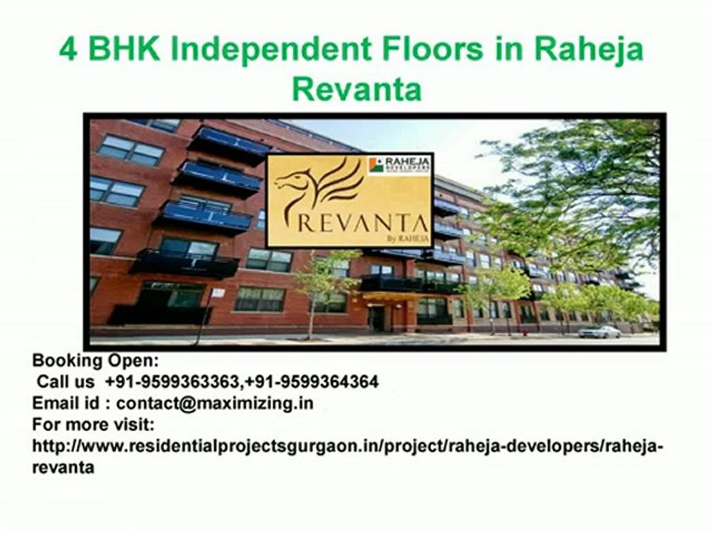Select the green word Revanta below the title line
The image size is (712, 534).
point(356,90)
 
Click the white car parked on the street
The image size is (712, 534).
point(599,332)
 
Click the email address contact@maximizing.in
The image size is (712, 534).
point(215,403)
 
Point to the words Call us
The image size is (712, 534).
point(67,382)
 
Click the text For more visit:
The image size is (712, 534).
point(93,425)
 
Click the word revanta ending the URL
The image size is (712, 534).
point(63,468)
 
